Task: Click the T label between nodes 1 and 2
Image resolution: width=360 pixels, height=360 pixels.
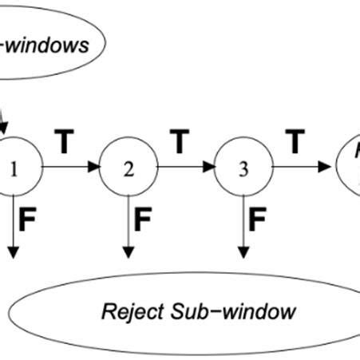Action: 65,143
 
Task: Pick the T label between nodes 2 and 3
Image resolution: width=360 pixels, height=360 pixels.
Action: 180,143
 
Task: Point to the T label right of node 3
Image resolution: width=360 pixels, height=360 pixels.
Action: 296,143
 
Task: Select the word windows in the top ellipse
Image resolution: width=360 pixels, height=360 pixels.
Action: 51,45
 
